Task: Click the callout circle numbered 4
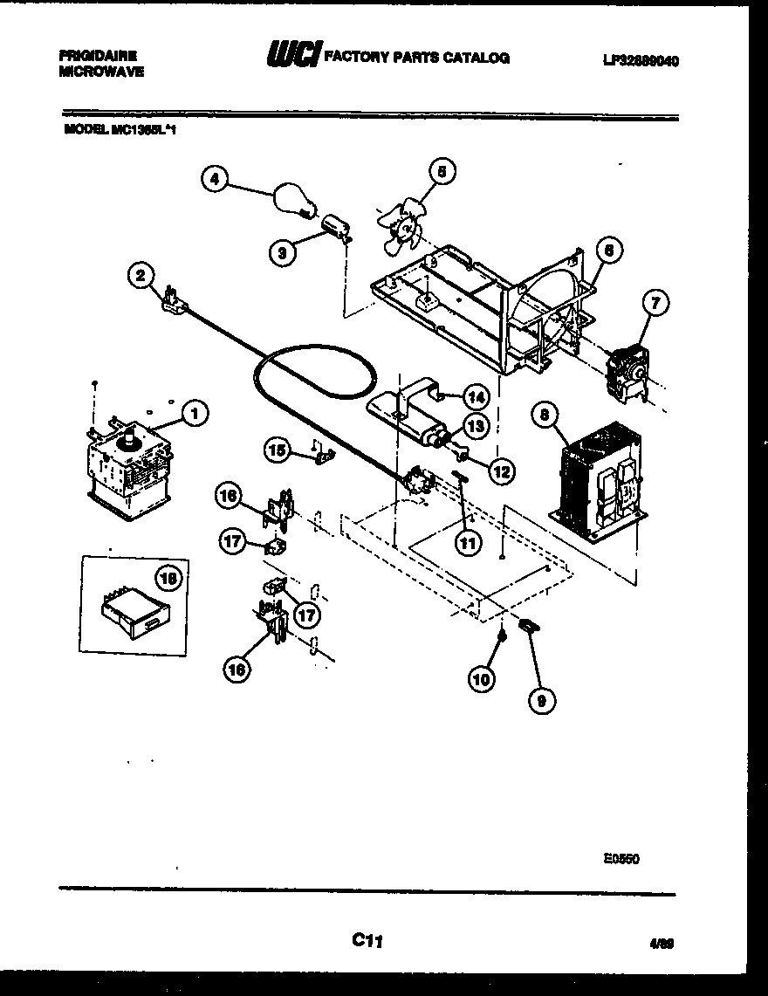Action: pos(213,180)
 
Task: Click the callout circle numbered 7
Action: pos(655,305)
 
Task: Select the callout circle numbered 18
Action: pos(168,577)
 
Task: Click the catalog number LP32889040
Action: pos(640,61)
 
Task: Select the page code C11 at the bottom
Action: pos(367,940)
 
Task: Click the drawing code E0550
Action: pos(621,858)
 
